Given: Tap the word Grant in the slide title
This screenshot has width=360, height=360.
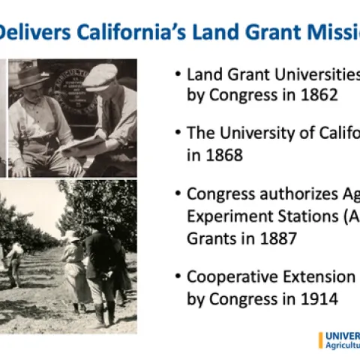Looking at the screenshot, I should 251,32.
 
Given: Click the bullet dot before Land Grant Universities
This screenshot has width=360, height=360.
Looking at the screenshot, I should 177,75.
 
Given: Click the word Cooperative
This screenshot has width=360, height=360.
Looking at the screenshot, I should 229,276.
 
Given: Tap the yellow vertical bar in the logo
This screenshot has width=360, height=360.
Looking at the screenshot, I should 320,340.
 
